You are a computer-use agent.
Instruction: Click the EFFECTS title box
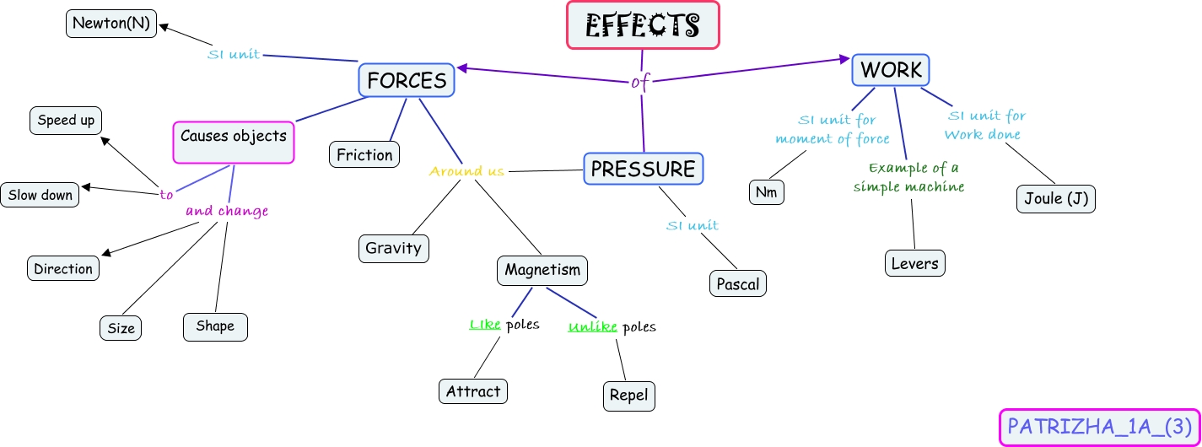[x=643, y=25]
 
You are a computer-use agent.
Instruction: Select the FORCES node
[x=407, y=80]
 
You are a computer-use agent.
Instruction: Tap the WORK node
[x=891, y=70]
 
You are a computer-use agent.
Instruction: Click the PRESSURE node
[x=643, y=169]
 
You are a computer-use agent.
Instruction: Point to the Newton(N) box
[x=111, y=24]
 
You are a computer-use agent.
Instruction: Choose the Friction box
[x=364, y=155]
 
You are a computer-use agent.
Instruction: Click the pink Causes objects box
[x=234, y=142]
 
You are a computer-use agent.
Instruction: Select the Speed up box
[x=66, y=121]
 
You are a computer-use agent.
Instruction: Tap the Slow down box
[x=40, y=195]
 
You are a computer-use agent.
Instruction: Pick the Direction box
[x=63, y=269]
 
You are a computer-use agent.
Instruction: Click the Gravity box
[x=393, y=249]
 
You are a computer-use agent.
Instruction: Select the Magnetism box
[x=542, y=271]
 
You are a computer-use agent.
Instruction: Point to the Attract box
[x=473, y=391]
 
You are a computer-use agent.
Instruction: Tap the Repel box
[x=629, y=396]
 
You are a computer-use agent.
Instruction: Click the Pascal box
[x=738, y=284]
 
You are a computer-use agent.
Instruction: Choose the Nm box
[x=766, y=192]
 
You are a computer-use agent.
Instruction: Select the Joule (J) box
[x=1055, y=199]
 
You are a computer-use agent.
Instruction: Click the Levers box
[x=914, y=263]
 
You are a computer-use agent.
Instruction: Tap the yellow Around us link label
[x=466, y=172]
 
